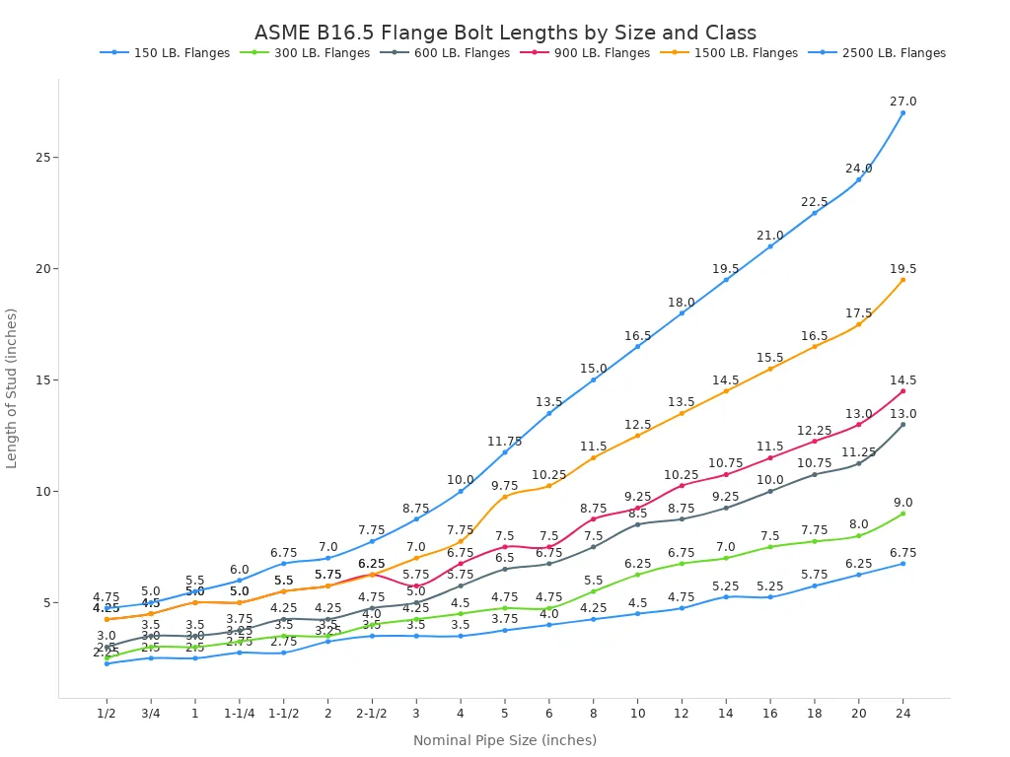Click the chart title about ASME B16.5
click(505, 33)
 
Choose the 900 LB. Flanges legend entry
click(597, 53)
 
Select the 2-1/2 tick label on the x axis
click(372, 714)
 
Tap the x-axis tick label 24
click(902, 714)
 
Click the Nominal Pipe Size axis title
click(505, 740)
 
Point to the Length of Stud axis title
click(13, 388)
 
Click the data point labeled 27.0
click(902, 112)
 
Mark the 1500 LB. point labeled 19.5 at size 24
click(902, 280)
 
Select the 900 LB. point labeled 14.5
click(902, 391)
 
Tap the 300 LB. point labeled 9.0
click(902, 514)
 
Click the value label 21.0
click(769, 236)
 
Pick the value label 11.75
click(504, 442)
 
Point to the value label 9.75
click(504, 486)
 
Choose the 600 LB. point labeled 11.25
click(858, 463)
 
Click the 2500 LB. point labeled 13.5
click(549, 412)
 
